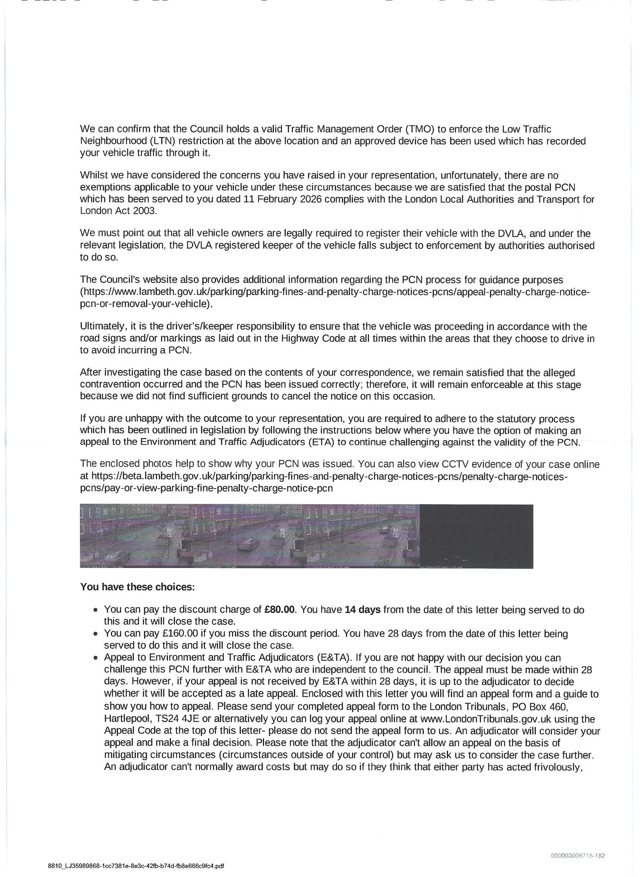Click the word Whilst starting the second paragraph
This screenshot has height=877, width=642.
(94, 176)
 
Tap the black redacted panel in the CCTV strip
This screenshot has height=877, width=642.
(476, 536)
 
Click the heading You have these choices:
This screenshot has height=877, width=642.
(137, 587)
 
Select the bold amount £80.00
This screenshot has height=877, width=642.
(280, 609)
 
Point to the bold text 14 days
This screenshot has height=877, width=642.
(362, 609)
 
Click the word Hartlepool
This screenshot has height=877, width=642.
(124, 718)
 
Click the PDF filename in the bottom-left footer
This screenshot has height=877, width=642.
(136, 866)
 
